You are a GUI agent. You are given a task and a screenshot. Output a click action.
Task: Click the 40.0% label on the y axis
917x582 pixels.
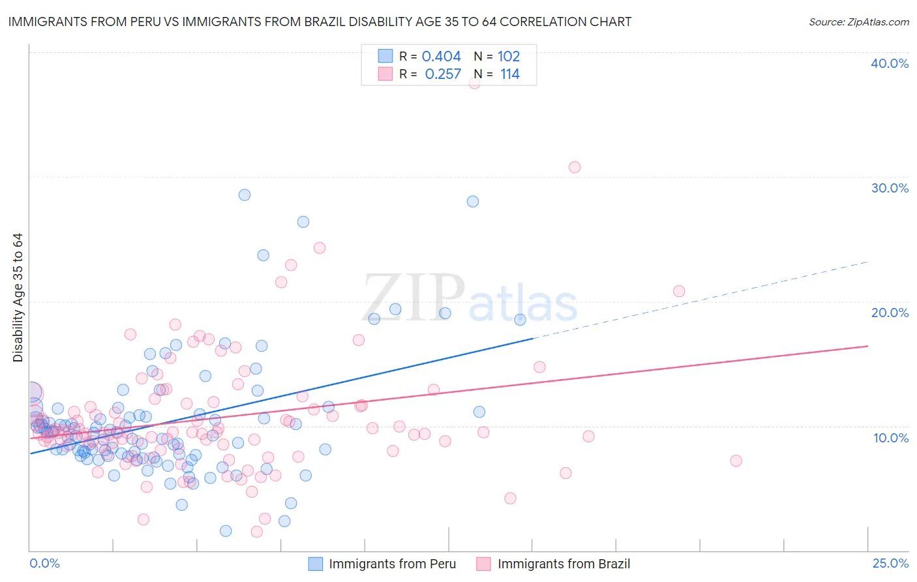click(x=889, y=63)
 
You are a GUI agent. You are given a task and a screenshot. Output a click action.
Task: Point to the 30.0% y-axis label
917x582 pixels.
click(x=889, y=188)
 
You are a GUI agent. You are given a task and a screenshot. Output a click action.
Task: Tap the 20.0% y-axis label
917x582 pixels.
click(x=889, y=313)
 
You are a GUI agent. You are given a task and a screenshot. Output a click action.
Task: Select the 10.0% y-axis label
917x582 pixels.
click(x=890, y=438)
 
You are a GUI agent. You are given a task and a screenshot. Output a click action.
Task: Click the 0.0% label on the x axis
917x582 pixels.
click(x=44, y=563)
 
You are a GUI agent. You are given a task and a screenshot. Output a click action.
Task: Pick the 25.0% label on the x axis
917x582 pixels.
click(x=890, y=563)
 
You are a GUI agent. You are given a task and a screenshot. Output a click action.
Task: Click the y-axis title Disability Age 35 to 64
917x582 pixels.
click(x=18, y=298)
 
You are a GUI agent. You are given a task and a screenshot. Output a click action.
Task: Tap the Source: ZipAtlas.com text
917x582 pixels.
click(x=858, y=22)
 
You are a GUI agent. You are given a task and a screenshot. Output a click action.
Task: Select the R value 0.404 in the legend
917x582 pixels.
click(x=441, y=57)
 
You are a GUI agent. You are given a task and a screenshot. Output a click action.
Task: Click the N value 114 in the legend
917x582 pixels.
click(x=509, y=74)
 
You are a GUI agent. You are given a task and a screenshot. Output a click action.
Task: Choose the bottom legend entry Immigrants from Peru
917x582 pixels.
click(x=392, y=564)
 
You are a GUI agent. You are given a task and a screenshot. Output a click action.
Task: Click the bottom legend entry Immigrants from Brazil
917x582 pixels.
click(x=564, y=564)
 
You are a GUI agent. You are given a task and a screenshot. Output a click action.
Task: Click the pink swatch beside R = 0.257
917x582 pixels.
click(x=385, y=74)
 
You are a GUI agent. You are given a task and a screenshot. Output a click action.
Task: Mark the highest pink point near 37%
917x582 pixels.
click(x=474, y=83)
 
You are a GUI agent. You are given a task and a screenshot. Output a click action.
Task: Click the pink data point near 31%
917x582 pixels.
click(x=574, y=167)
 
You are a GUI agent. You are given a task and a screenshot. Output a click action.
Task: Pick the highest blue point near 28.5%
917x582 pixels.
click(x=245, y=194)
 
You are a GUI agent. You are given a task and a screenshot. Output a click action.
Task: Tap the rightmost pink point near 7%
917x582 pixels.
click(x=736, y=461)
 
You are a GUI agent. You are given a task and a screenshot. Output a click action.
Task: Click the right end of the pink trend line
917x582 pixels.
click(x=867, y=346)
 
